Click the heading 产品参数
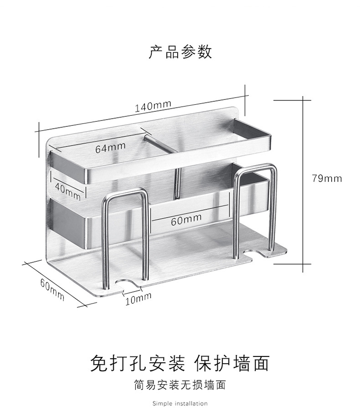coord(180,52)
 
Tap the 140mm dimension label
coord(153,106)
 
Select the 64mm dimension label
coord(110,148)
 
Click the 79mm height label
coord(326,179)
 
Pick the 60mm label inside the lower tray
coord(186,221)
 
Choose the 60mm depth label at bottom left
coord(51,290)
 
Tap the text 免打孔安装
coord(137,363)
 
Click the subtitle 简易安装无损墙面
coord(180,385)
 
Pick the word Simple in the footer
coord(162,403)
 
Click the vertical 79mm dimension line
coord(303,183)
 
